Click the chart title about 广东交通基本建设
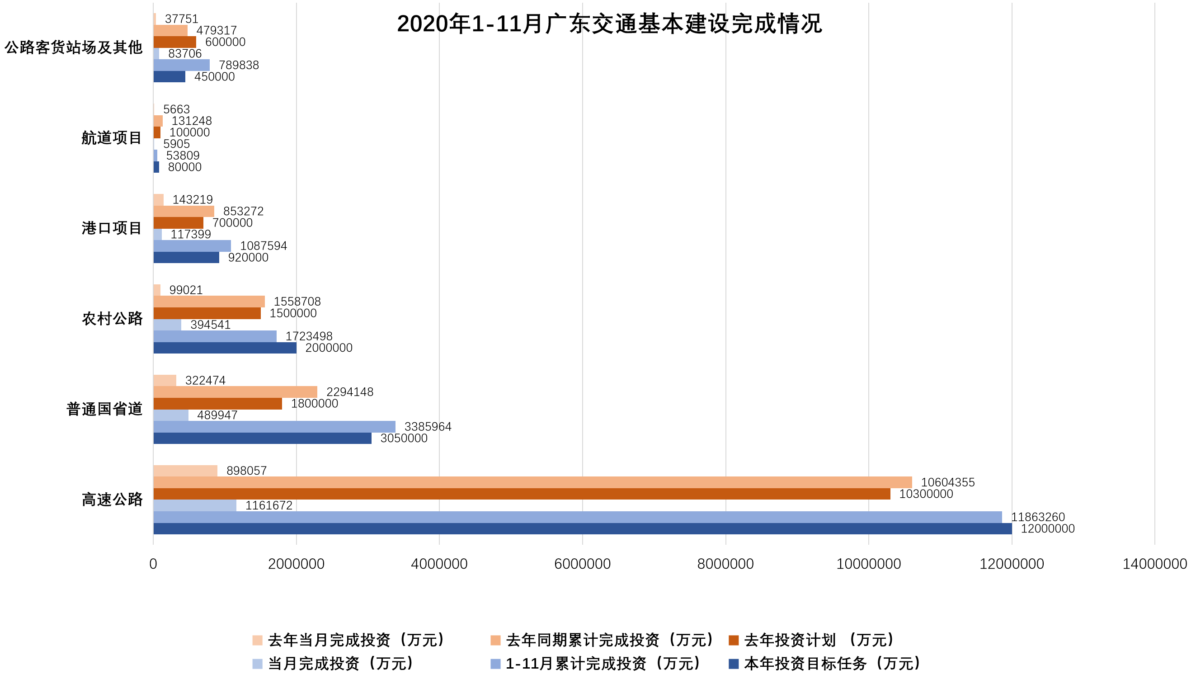coord(609,24)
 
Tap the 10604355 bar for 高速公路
coord(532,482)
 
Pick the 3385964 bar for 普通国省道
coord(274,427)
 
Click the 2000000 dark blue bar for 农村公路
coord(225,348)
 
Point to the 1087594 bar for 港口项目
coord(192,246)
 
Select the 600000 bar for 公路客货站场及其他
coord(175,42)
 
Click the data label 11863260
coord(1037,517)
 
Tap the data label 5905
coord(176,144)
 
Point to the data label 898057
coord(246,471)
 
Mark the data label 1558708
coord(297,302)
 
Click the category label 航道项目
coord(112,138)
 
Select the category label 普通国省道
coord(104,409)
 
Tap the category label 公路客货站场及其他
coord(73,47)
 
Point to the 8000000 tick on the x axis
coord(725,564)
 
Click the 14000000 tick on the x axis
coord(1154,564)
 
